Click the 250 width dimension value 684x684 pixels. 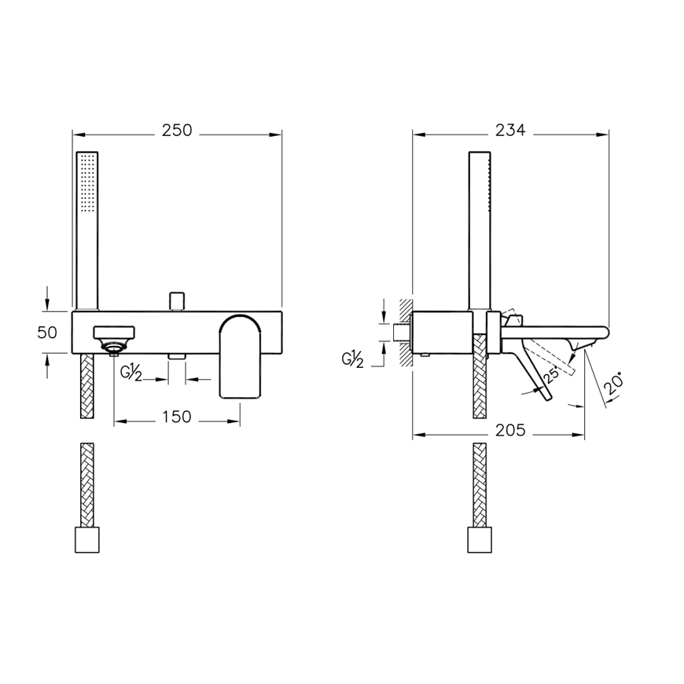pos(177,131)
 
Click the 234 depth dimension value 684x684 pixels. pos(510,130)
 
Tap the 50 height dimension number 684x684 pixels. pos(47,333)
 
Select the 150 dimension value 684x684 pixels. pos(177,417)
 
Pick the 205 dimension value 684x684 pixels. pos(510,431)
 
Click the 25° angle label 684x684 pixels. pos(551,375)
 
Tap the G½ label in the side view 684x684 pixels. pos(352,360)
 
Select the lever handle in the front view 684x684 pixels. pos(241,356)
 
